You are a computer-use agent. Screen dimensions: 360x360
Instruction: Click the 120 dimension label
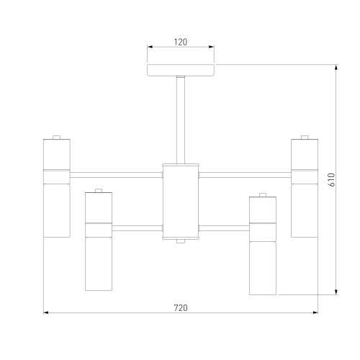tap(181, 42)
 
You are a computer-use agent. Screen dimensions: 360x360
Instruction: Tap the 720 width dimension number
tap(181, 308)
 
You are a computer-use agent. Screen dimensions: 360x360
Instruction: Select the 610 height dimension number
tap(331, 180)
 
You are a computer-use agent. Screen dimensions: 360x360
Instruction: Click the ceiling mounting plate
tap(181, 70)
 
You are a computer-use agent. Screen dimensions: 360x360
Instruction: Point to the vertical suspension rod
tap(181, 120)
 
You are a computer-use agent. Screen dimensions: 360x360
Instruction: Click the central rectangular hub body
tap(181, 202)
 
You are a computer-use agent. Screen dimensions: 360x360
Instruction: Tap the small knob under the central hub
tap(181, 241)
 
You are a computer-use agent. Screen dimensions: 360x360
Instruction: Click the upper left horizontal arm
tap(116, 175)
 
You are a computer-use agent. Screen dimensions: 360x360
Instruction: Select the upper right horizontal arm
tap(245, 175)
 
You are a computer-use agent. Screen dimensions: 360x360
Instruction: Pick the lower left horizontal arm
tap(137, 228)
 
